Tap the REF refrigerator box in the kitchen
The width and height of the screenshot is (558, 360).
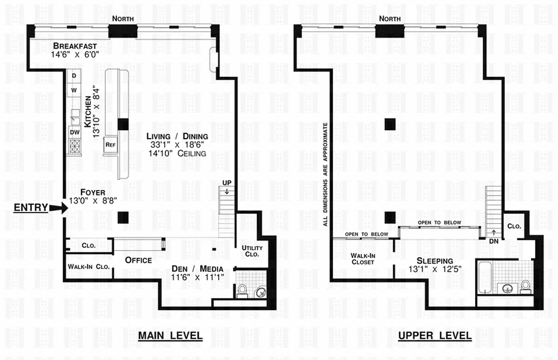tap(110, 144)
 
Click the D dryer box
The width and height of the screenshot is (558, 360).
tap(73, 75)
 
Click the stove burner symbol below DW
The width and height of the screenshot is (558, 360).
tap(74, 146)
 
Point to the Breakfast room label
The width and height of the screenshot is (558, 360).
tap(81, 46)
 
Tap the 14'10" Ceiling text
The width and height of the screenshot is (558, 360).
tap(179, 153)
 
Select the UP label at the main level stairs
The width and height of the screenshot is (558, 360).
tap(227, 183)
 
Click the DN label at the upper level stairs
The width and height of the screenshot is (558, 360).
tap(494, 241)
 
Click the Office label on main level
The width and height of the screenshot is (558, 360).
tap(138, 260)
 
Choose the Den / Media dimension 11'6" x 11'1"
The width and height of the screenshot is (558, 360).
tap(198, 277)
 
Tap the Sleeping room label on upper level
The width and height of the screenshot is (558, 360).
tap(435, 261)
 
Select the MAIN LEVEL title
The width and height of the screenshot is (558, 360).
tap(170, 336)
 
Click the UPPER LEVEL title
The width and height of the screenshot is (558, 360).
tap(435, 336)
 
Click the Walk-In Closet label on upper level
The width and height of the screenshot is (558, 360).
tap(363, 259)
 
